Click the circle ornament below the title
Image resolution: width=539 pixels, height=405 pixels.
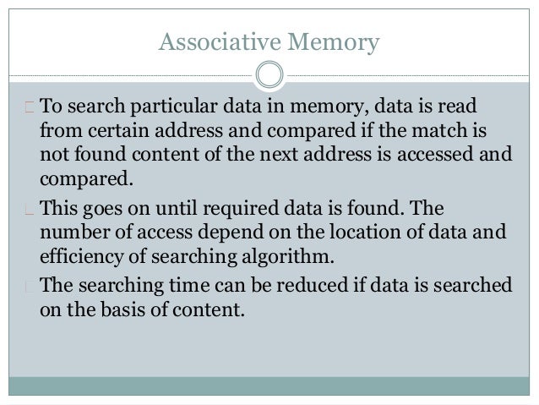[x=269, y=74]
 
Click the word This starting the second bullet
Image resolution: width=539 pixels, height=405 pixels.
[x=59, y=209]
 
